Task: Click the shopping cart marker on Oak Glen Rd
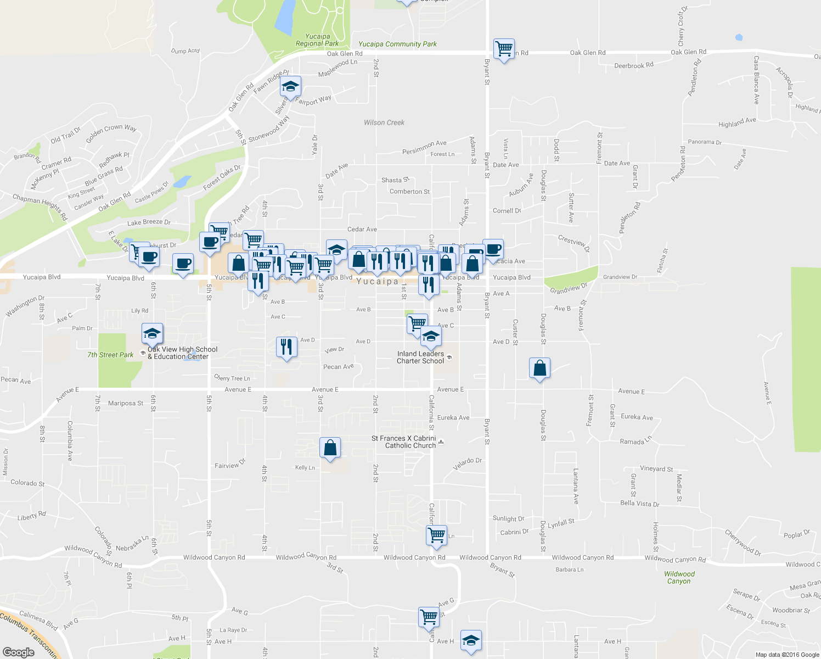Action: click(x=504, y=49)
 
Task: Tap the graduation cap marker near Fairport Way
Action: click(x=290, y=86)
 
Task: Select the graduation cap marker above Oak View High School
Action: click(x=152, y=333)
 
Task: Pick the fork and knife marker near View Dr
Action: click(x=286, y=347)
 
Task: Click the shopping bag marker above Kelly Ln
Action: click(x=330, y=448)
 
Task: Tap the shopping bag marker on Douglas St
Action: click(x=540, y=368)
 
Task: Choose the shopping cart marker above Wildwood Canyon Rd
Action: click(x=437, y=534)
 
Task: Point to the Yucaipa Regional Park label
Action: click(x=317, y=40)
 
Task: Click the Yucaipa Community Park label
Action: click(x=397, y=44)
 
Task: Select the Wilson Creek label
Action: click(x=384, y=122)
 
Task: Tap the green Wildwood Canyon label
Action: click(x=679, y=578)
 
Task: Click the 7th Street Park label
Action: click(x=110, y=355)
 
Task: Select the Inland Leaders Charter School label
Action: click(x=420, y=358)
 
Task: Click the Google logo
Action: click(x=19, y=652)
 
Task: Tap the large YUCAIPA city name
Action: click(x=377, y=282)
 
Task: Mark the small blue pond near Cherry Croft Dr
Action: click(x=739, y=38)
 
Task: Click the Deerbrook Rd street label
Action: click(x=634, y=65)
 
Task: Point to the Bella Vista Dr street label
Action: click(x=639, y=504)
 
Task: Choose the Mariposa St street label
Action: click(x=126, y=403)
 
